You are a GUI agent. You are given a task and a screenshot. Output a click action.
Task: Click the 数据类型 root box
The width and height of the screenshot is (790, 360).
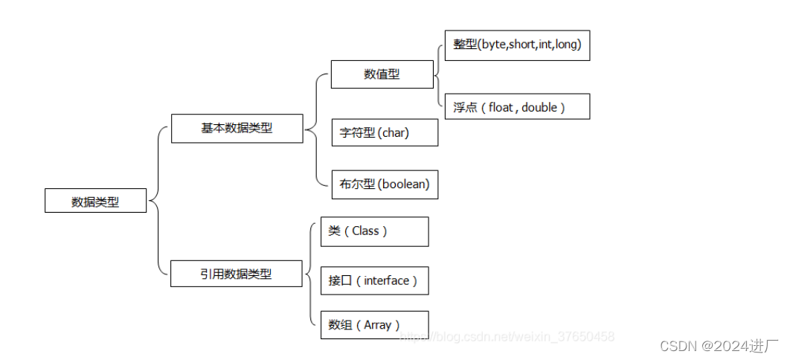pos(95,201)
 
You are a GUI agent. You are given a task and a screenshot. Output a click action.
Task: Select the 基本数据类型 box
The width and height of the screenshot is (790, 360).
pos(237,128)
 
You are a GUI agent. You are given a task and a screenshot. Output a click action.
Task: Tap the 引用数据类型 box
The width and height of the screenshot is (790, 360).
pos(237,274)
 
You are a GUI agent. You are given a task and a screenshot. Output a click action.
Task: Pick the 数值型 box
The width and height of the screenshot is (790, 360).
pos(382,74)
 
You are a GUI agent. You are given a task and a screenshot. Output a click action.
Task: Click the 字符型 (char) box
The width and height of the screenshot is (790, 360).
pos(384,133)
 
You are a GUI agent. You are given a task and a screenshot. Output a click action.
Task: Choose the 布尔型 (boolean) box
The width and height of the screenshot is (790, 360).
pos(384,184)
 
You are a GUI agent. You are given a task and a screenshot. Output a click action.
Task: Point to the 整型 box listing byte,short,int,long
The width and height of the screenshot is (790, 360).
pos(517,45)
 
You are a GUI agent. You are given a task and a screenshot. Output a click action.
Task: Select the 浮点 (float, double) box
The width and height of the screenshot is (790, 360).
pos(517,107)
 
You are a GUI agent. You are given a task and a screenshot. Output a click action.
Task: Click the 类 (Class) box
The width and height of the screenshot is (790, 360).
pos(374,231)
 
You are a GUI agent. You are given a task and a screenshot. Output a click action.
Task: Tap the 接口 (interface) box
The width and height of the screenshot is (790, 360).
pos(374,280)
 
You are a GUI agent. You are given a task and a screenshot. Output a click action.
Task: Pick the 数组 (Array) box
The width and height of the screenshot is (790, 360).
pos(374,325)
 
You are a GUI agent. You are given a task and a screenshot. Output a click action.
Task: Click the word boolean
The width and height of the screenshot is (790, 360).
pos(404,184)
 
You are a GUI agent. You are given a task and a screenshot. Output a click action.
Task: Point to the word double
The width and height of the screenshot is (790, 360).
pos(539,107)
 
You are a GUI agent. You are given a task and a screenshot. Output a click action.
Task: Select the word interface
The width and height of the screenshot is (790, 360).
pos(387,280)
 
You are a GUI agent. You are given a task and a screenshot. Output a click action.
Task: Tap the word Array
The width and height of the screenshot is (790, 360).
pos(378,325)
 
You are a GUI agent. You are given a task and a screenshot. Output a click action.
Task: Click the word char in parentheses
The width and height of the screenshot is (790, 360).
pos(394,133)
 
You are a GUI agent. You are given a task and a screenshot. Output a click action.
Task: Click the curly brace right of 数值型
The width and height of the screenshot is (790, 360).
pos(437,74)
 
